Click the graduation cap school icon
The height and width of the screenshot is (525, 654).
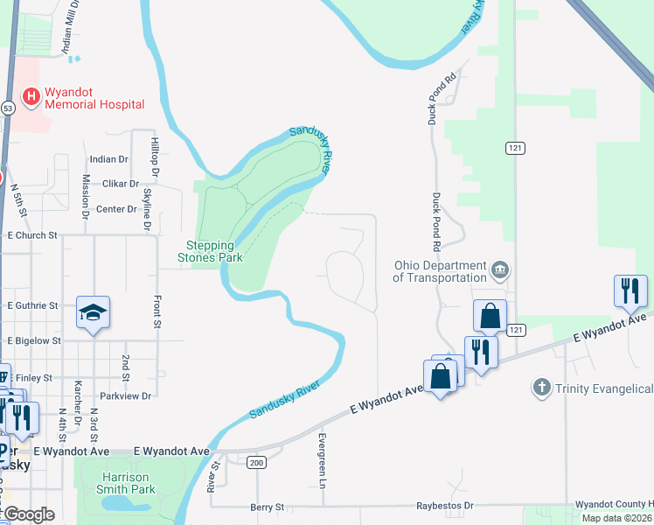(92, 312)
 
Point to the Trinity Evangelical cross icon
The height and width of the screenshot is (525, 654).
(542, 387)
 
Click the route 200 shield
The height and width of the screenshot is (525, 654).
(256, 462)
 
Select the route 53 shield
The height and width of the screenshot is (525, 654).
(8, 108)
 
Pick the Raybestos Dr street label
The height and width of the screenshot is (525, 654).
(444, 506)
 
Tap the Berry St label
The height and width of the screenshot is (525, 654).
(268, 507)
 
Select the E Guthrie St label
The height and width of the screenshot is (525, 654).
(32, 306)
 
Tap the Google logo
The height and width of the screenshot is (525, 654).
(29, 514)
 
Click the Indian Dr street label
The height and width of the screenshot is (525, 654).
(108, 159)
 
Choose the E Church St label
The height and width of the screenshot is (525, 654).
(31, 235)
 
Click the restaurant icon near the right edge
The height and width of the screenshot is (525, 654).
(630, 290)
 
